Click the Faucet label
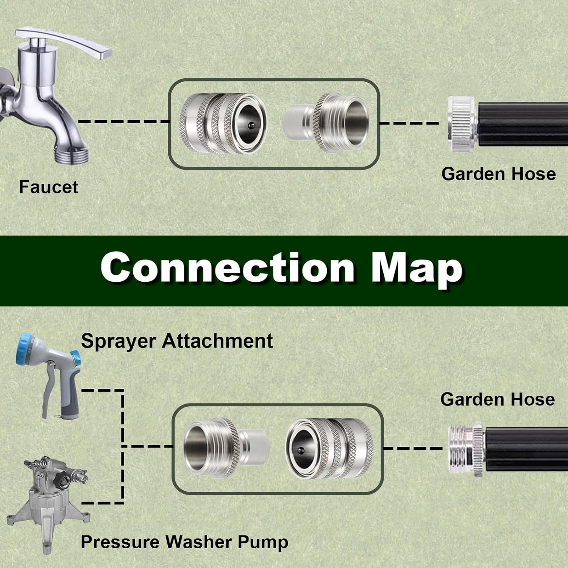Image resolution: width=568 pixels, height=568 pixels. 48,187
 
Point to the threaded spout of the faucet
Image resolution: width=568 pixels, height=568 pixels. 72,154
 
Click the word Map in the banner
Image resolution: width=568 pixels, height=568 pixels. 417,270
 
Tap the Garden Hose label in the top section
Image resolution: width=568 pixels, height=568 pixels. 498,174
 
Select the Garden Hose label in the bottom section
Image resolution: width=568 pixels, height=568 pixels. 498,399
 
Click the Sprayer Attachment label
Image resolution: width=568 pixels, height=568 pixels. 177,341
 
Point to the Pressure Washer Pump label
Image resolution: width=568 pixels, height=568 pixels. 184,542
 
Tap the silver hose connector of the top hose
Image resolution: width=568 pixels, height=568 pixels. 463,124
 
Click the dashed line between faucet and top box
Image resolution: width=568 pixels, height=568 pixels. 123,122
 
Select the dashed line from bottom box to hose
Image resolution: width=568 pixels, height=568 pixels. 413,448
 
